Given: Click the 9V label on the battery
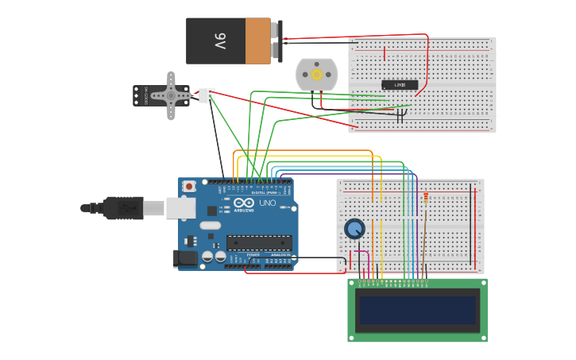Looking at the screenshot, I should [x=219, y=41].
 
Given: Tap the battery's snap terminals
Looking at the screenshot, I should [x=276, y=41].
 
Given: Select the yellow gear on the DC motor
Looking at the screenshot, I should [x=316, y=75].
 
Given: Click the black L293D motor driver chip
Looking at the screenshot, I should [x=400, y=85].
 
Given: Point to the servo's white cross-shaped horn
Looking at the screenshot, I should [x=170, y=95].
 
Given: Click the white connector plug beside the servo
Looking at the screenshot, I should [x=207, y=95].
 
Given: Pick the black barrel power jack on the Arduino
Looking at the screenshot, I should [x=185, y=258].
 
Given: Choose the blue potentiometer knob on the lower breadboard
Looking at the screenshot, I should [x=354, y=229].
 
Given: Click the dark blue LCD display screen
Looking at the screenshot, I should [x=417, y=310].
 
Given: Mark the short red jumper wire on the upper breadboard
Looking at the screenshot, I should [x=385, y=54].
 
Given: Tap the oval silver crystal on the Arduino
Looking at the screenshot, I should [x=211, y=226].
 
